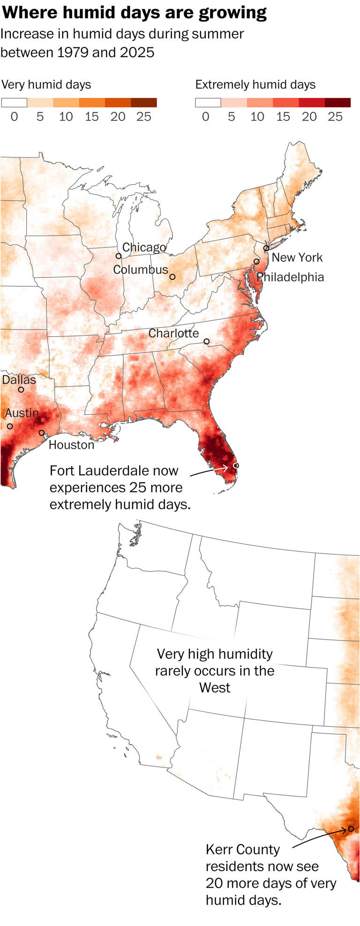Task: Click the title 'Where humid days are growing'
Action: tap(135, 13)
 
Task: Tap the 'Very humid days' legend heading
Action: tap(46, 85)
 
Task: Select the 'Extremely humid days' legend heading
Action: tap(255, 85)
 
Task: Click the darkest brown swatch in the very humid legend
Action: tap(144, 103)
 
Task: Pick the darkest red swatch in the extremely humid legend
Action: tap(337, 103)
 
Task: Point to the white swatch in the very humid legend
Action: tap(14, 103)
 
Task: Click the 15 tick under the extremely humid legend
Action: tap(283, 117)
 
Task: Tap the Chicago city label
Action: tap(144, 247)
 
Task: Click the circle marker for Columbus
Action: tap(172, 277)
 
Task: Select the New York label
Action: tap(297, 257)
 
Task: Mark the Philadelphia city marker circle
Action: tap(256, 261)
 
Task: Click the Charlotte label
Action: tap(173, 333)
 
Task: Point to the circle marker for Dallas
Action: tap(21, 389)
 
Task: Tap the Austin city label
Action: tap(22, 413)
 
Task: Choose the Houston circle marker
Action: tap(42, 433)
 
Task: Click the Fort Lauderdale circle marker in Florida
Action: tap(236, 465)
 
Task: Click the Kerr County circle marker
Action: tap(351, 829)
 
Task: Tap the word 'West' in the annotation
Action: tap(215, 687)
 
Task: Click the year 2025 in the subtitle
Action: tap(137, 52)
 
